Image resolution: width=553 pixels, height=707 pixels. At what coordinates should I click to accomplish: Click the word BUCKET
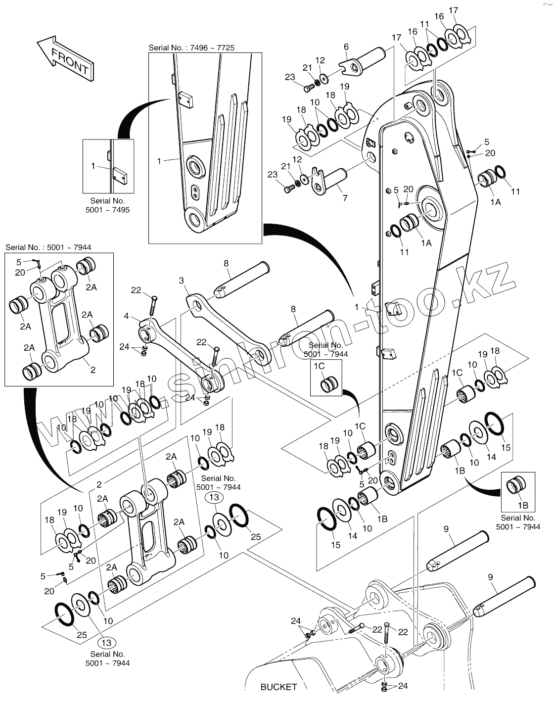[278, 687]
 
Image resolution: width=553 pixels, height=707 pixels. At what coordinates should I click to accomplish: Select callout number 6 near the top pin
[346, 47]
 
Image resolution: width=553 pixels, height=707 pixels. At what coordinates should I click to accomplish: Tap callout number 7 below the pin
[345, 198]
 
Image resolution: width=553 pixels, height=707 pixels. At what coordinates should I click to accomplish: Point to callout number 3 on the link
[182, 281]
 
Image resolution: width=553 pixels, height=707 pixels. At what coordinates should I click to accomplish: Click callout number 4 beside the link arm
[127, 316]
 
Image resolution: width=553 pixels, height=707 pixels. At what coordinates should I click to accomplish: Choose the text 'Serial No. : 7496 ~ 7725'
[191, 47]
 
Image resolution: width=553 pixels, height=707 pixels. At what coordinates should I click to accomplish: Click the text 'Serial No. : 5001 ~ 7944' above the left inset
[48, 247]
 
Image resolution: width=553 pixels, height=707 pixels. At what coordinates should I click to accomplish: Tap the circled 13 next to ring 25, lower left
[106, 643]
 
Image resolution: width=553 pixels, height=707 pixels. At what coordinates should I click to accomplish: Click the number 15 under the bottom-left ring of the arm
[336, 545]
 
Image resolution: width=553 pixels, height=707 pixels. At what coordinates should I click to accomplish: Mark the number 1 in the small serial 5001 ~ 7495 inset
[93, 166]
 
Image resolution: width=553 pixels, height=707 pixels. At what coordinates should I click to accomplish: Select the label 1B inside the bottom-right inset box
[523, 505]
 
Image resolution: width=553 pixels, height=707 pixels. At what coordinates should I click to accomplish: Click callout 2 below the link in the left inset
[93, 369]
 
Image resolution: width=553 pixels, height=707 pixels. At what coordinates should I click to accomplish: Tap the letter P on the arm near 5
[400, 204]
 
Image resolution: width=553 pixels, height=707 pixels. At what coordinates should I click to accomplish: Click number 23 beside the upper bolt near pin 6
[290, 77]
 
